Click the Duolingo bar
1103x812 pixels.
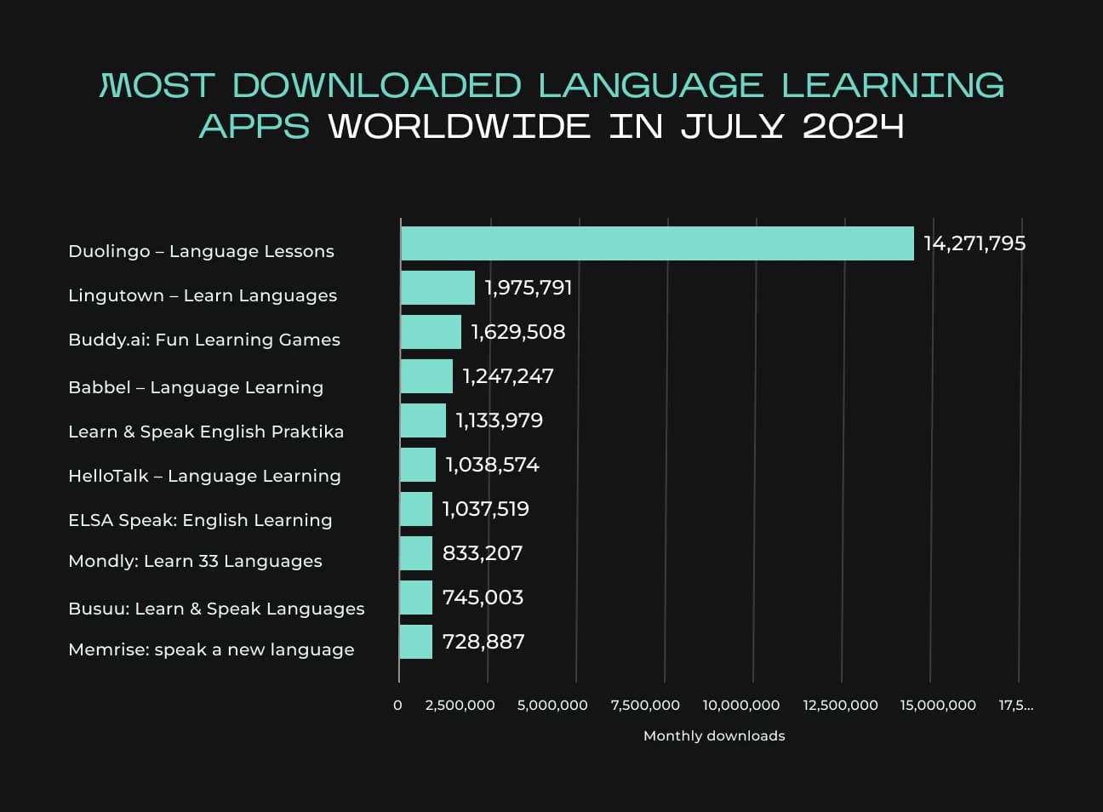[x=657, y=243]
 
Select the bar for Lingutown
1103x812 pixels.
[x=437, y=288]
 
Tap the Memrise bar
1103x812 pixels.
[x=416, y=642]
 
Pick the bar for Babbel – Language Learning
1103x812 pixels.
[x=426, y=376]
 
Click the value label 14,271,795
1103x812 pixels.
[x=974, y=243]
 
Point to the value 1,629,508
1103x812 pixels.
[x=518, y=332]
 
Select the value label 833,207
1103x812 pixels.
[x=483, y=553]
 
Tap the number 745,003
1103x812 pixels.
[x=483, y=598]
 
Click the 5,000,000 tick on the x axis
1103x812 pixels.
[x=552, y=705]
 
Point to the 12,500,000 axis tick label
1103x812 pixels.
[x=840, y=705]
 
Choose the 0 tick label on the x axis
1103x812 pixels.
[x=397, y=705]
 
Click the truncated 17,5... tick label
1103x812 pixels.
[x=1016, y=705]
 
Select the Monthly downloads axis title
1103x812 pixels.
[x=714, y=735]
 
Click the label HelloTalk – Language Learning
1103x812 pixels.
[x=204, y=476]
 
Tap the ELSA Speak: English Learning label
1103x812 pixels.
[x=200, y=520]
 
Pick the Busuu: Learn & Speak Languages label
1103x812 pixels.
[x=216, y=609]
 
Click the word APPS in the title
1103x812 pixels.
[x=254, y=126]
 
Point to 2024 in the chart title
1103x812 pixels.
[x=853, y=126]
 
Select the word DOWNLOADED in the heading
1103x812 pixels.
[x=376, y=85]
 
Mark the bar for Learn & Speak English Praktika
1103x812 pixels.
[x=423, y=420]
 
